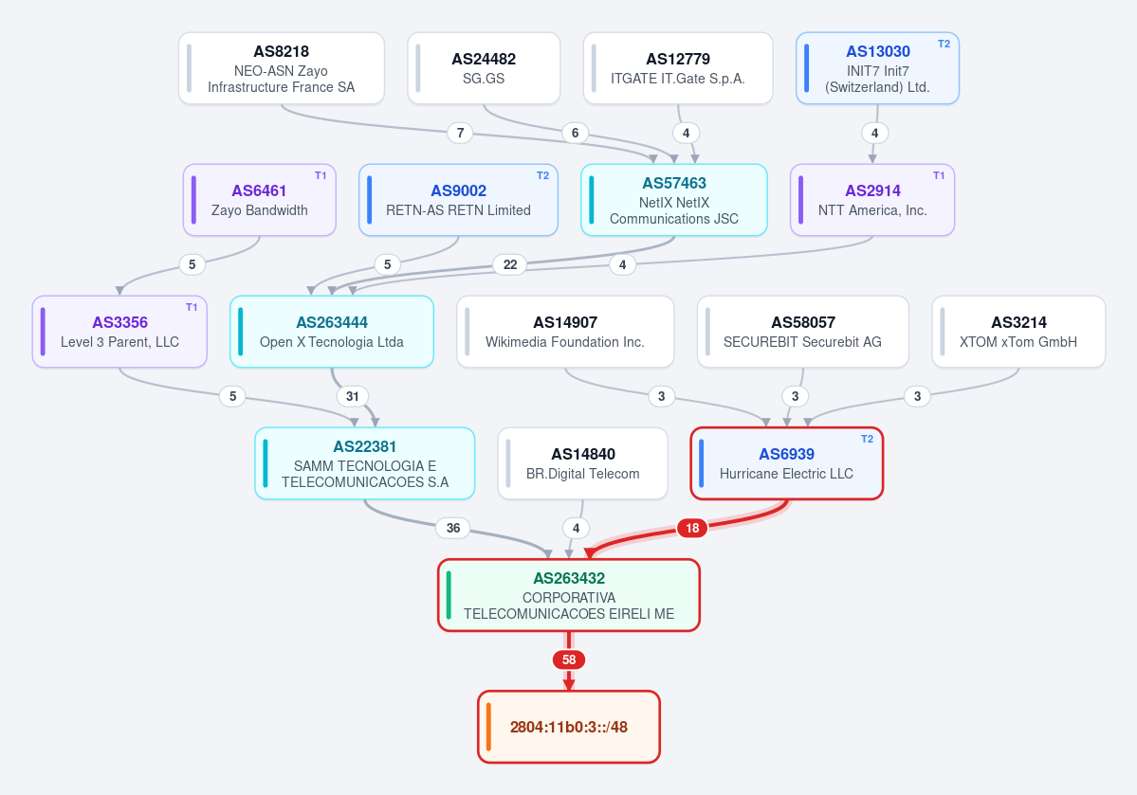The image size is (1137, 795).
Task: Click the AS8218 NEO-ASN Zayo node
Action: click(282, 68)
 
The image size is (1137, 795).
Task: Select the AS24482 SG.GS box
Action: click(484, 68)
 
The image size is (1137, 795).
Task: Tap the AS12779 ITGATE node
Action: click(678, 68)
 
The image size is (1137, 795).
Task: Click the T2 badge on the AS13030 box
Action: click(944, 45)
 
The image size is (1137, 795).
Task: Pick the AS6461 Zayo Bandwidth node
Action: click(260, 200)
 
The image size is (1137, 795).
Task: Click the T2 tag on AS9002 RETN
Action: click(542, 175)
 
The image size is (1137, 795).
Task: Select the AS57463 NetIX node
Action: click(674, 200)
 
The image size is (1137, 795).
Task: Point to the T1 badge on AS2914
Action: click(938, 175)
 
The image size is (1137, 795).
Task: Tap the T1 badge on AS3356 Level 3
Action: click(192, 307)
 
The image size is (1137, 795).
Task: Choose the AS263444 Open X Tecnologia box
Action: click(332, 332)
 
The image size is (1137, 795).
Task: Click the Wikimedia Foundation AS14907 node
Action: click(565, 332)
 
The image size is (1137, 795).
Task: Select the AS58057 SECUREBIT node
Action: click(802, 332)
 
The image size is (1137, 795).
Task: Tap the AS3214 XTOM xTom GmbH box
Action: click(1018, 332)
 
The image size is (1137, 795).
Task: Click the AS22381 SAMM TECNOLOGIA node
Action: click(365, 463)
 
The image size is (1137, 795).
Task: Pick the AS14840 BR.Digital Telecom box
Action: click(583, 463)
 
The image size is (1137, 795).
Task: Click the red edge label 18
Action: click(692, 529)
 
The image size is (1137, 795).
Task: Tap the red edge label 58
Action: click(569, 660)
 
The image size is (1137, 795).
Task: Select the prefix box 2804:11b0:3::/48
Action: click(569, 727)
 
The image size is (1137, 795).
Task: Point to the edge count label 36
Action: click(453, 529)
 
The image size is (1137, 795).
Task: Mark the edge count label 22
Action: click(510, 264)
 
